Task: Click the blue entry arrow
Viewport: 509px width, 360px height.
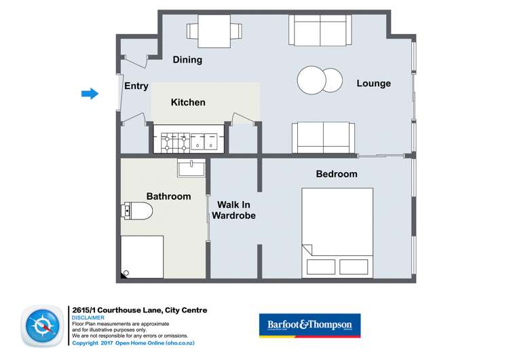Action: (90, 94)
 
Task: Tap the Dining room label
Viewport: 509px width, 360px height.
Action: (187, 60)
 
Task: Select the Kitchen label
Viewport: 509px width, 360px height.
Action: (188, 103)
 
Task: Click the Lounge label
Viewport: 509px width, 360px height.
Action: (374, 84)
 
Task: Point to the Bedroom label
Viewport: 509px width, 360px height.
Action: (337, 174)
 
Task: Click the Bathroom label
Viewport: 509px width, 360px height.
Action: (169, 196)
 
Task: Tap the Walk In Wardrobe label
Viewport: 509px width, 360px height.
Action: (233, 210)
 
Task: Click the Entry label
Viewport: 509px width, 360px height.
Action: (136, 86)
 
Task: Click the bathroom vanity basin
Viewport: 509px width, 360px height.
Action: (191, 167)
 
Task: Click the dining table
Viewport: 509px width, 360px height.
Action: (214, 30)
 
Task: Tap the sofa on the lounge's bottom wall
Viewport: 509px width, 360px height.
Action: (323, 138)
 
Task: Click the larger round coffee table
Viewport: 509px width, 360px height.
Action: (312, 79)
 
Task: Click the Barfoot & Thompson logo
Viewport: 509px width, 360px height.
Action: (310, 325)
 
